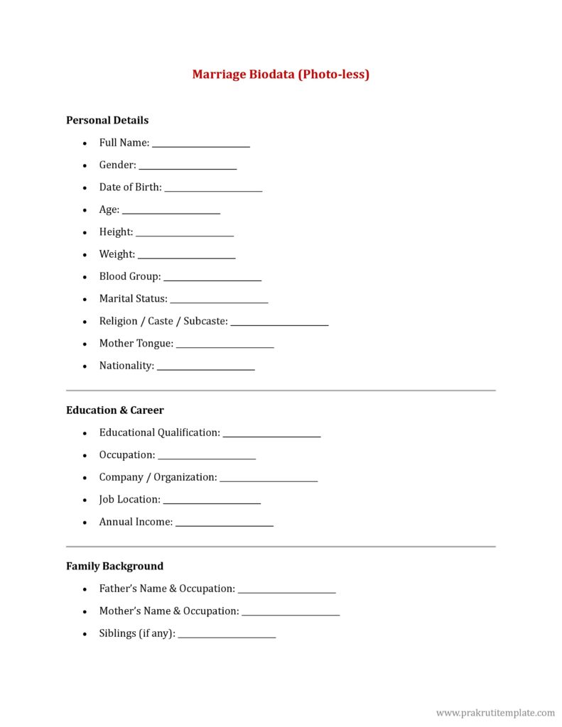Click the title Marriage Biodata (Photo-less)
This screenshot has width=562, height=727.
coord(281,74)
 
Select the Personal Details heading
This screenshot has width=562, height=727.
coord(107,120)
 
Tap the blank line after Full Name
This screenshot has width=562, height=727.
coord(201,146)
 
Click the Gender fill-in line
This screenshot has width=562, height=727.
coord(188,168)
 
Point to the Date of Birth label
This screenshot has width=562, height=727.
coord(130,187)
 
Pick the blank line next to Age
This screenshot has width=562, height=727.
coord(171,212)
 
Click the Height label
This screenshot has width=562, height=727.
coord(116,232)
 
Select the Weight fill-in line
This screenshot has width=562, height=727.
coord(186,257)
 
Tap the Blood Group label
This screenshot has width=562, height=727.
coord(130,276)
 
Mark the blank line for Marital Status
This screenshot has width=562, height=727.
coord(219,302)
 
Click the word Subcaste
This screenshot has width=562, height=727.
coord(205,321)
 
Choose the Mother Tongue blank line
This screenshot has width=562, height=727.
coord(225,346)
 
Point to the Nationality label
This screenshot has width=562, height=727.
coord(126,366)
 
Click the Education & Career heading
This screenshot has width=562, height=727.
coord(115,410)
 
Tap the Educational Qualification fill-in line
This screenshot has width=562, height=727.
coord(271,435)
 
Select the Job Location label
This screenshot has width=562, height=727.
coord(129,500)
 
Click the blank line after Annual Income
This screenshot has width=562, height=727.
coord(224,525)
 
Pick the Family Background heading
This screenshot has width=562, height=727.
coord(114,567)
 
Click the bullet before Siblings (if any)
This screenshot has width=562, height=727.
coord(85,634)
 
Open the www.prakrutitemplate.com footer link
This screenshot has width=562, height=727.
coord(495,712)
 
